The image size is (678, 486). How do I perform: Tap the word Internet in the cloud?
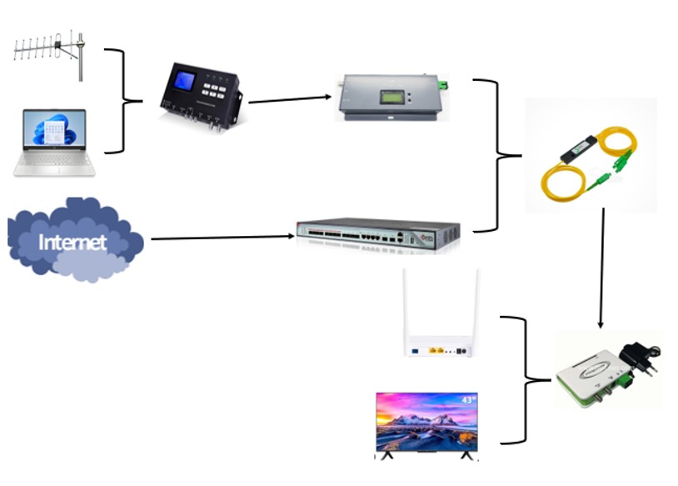(74, 243)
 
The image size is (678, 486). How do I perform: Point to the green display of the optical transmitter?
(391, 97)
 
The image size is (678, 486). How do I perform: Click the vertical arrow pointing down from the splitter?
(602, 267)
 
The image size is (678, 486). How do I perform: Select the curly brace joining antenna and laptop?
(126, 102)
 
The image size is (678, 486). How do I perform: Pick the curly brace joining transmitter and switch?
(497, 155)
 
